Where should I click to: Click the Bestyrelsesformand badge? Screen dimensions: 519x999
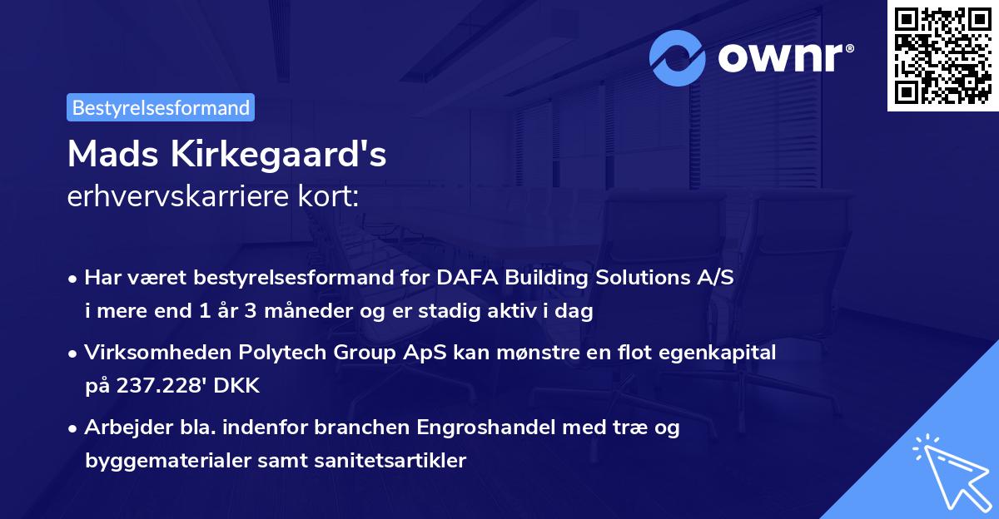pyautogui.click(x=161, y=107)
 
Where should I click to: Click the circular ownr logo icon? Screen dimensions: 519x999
pyautogui.click(x=678, y=57)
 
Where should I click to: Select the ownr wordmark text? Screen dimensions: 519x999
pyautogui.click(x=783, y=57)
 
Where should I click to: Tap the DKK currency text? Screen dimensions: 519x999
pyautogui.click(x=240, y=386)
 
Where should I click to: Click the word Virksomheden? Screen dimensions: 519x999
pyautogui.click(x=138, y=353)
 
